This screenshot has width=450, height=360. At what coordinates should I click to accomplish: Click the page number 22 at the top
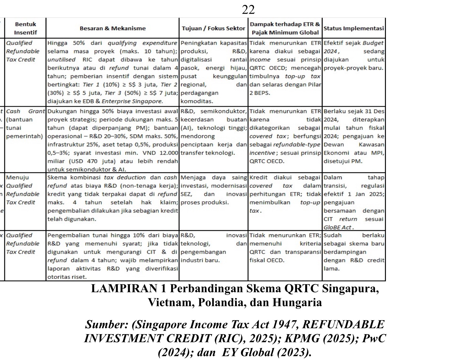pyautogui.click(x=248, y=10)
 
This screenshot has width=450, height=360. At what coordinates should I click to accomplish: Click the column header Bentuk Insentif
pyautogui.click(x=25, y=28)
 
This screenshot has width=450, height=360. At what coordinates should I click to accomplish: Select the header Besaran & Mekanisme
pyautogui.click(x=112, y=28)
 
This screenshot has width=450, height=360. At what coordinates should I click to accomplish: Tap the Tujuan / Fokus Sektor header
pyautogui.click(x=213, y=28)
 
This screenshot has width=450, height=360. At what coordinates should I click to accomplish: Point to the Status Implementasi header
pyautogui.click(x=354, y=28)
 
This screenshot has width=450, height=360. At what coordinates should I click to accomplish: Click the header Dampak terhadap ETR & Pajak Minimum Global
pyautogui.click(x=285, y=28)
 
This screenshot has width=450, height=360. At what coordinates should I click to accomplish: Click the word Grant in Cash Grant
pyautogui.click(x=37, y=111)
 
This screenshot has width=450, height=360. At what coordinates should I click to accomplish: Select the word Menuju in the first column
pyautogui.click(x=17, y=177)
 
